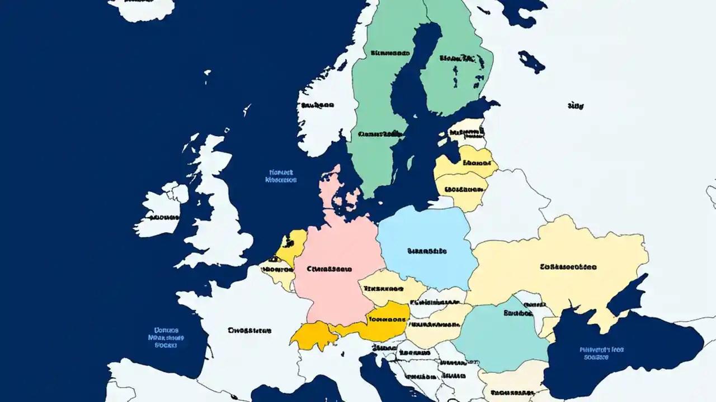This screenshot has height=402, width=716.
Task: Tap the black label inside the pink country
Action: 329,269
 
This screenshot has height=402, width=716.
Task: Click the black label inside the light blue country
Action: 427,251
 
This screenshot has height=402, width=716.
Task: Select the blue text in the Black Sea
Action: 601,353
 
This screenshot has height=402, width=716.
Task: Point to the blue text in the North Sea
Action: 281,176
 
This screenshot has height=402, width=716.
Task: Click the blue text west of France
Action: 166,337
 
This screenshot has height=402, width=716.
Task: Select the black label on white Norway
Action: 317,104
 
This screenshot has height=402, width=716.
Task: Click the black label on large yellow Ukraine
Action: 568,267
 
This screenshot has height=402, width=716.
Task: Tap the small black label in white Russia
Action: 575,105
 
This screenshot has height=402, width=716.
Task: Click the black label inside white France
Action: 249,330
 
